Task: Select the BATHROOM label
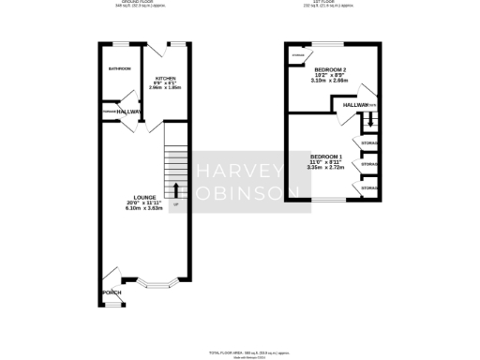119,69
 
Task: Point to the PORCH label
112,292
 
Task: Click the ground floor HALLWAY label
128,112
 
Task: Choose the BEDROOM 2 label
330,69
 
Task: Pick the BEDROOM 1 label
327,156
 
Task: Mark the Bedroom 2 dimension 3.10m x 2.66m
330,81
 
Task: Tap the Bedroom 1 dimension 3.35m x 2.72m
327,168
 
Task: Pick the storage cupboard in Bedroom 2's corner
298,55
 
